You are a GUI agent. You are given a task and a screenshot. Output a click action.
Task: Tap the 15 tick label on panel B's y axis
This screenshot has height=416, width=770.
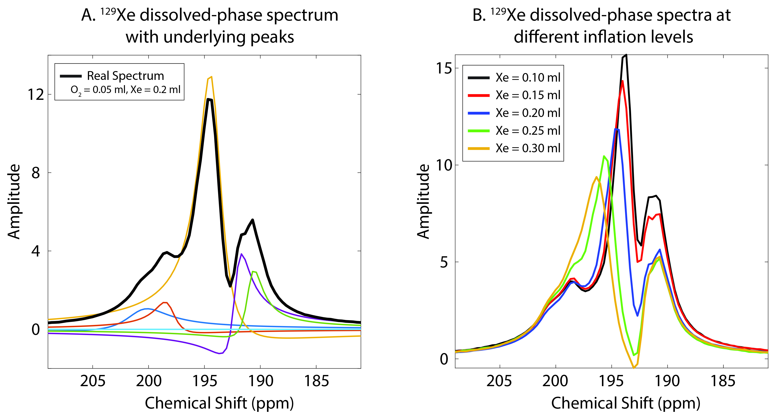click(444, 68)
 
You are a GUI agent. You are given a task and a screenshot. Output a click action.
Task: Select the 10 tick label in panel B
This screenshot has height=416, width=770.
click(444, 165)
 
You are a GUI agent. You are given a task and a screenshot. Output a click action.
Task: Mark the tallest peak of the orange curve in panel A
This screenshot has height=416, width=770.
click(211, 77)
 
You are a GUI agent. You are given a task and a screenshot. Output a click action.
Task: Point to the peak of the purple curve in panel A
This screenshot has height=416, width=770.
click(241, 254)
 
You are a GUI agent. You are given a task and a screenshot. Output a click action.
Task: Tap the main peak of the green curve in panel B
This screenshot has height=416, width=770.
click(604, 156)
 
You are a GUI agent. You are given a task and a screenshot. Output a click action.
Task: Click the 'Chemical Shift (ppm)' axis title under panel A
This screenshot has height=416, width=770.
click(219, 403)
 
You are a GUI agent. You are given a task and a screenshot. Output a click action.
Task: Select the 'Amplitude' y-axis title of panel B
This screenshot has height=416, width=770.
click(423, 201)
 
